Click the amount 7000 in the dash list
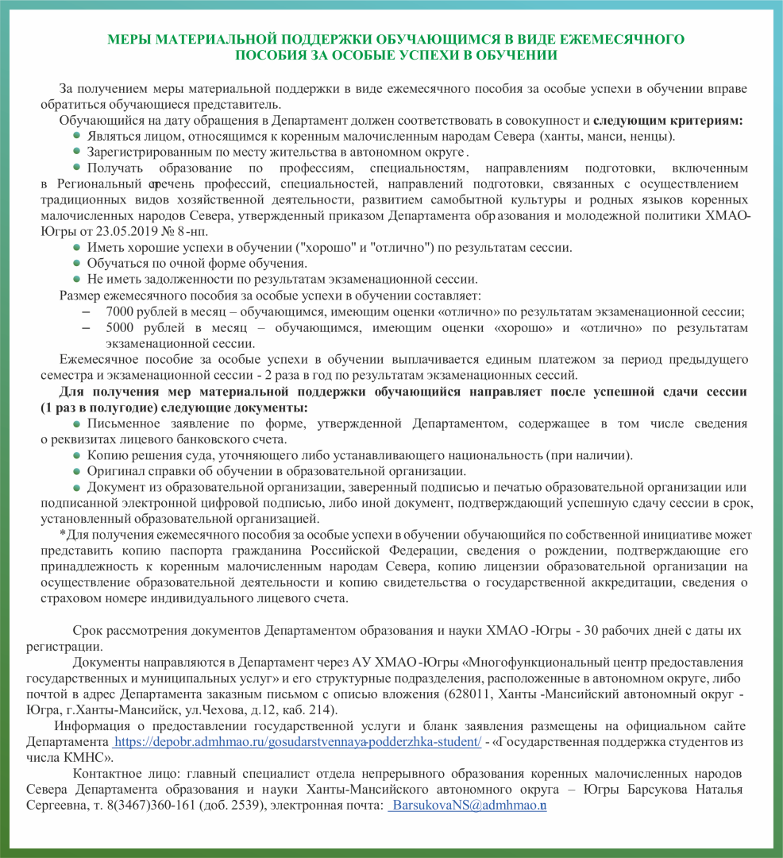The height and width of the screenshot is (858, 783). (x=119, y=311)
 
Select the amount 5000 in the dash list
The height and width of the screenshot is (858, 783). (x=119, y=327)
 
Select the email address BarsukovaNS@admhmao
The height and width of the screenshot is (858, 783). (x=469, y=805)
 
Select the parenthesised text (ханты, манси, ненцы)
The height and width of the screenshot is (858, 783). (x=607, y=136)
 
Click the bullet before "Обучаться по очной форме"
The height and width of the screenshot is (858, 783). (x=76, y=263)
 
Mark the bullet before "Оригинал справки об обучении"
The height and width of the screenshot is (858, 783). (x=76, y=471)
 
